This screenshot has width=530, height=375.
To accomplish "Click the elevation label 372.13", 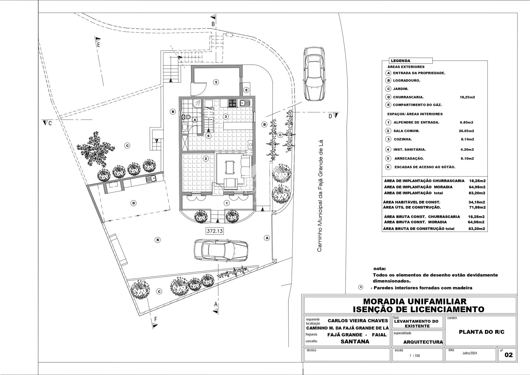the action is [214, 231].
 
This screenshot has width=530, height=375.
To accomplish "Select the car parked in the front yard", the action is [221, 250].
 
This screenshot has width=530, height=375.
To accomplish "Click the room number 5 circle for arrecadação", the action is [216, 82].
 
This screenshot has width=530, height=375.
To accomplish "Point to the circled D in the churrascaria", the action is [134, 203].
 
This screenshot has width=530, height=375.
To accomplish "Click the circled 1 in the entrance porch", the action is [227, 203].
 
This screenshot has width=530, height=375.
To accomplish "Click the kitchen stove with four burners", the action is [232, 103].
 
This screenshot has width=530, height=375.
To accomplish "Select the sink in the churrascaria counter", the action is [151, 179].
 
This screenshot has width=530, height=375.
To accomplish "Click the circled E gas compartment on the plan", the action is [246, 90].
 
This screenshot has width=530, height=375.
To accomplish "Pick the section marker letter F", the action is [156, 319].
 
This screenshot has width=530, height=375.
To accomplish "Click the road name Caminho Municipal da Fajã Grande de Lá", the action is [320, 195].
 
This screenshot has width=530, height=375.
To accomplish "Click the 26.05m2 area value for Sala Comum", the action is [467, 131].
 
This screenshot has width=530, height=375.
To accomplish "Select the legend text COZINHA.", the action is [403, 139].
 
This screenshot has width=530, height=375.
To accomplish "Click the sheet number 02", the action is [508, 355].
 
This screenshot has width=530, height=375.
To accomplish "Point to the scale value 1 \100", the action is [415, 356].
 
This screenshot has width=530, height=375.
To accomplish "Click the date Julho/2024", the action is [470, 353].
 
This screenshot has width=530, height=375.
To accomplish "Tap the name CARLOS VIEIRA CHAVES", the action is [358, 321].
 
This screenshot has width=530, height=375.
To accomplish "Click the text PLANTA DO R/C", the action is [482, 332].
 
